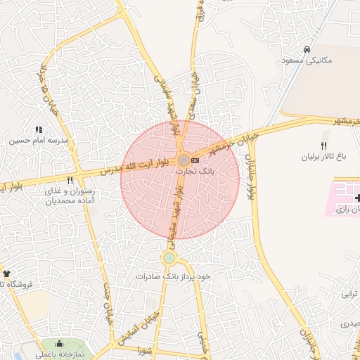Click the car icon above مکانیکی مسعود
(x=307, y=50)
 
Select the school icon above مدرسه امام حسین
(x=39, y=129)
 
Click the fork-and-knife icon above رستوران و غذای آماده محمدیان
(x=70, y=181)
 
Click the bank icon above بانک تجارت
(x=195, y=161)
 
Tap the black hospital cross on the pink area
(x=356, y=198)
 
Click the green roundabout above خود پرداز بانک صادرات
(x=169, y=258)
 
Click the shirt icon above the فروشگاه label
(x=8, y=273)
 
